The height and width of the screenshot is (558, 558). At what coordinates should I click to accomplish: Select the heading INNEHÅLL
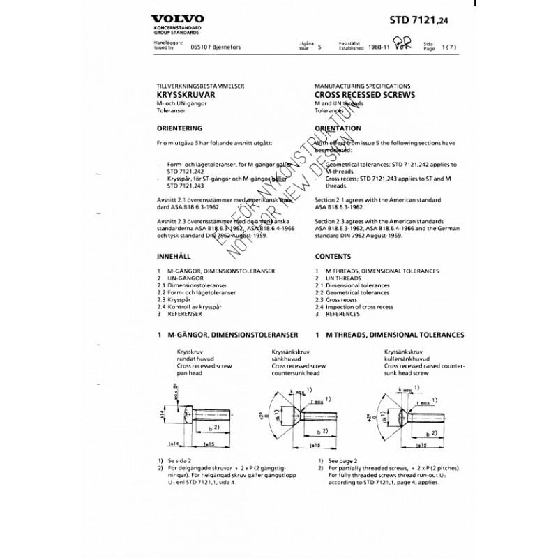click(173, 256)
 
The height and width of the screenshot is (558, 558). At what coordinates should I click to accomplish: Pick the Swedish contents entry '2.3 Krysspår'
click(178, 300)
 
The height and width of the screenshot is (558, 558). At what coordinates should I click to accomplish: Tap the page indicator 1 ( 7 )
click(447, 50)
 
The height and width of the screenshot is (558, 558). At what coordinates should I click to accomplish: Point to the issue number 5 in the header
click(319, 50)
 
